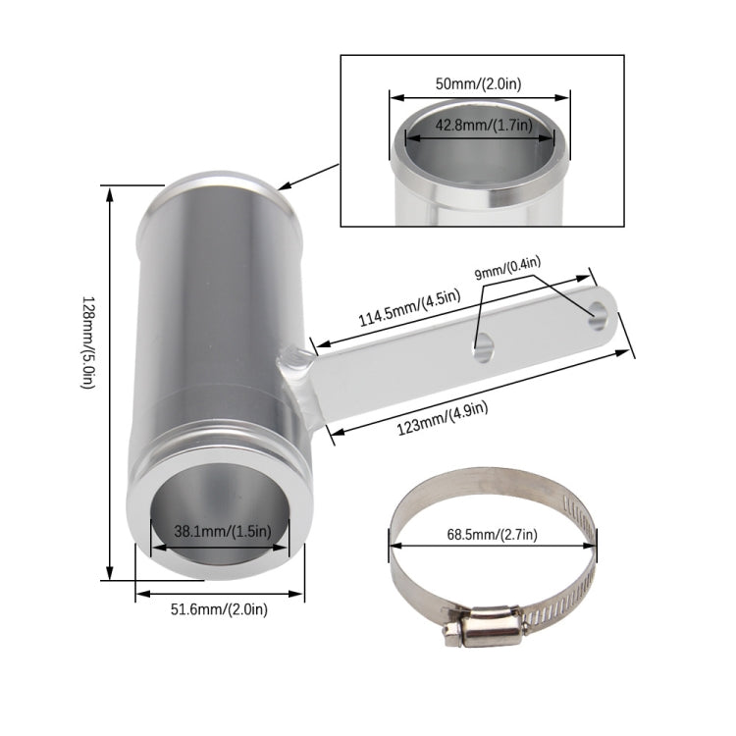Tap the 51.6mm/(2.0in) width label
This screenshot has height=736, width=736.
coord(219,609)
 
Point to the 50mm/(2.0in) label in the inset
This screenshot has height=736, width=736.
coord(480,84)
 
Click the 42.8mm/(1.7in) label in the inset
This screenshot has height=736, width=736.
coord(481,126)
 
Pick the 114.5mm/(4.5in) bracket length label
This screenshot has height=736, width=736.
coord(394,317)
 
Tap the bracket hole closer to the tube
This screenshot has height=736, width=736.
coord(483,344)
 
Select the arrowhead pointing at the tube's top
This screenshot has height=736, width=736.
coord(281,184)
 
